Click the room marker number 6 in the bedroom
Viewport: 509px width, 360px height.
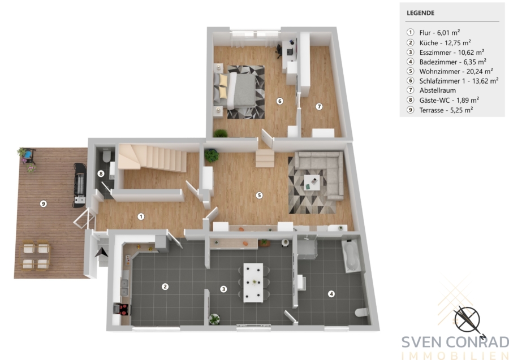279,101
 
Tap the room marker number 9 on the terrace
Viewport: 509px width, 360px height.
43,203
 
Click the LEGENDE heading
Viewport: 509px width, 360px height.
420,13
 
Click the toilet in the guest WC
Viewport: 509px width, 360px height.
106,155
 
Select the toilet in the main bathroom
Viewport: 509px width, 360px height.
361,312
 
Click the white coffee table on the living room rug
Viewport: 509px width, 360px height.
312,183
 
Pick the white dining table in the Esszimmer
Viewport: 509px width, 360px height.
253,283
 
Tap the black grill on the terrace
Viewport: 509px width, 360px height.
80,185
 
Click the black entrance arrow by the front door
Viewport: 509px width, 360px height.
101,253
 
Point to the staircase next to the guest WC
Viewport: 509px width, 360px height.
153,158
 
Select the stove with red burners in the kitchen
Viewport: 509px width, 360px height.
123,309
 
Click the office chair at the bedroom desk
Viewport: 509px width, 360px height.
279,51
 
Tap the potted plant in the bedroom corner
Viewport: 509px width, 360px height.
221,133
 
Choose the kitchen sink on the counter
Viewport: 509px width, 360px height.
124,288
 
